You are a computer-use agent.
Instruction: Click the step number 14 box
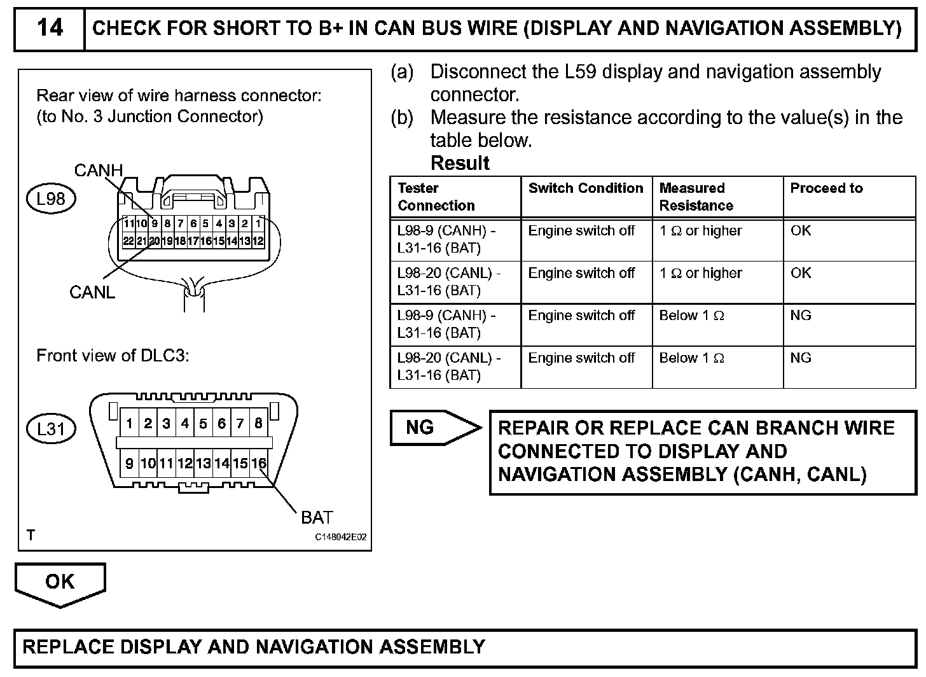click(x=50, y=28)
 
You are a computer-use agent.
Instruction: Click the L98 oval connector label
click(x=51, y=199)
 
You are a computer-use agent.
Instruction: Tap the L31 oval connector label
click(x=51, y=428)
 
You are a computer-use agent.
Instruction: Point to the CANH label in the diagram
click(x=98, y=171)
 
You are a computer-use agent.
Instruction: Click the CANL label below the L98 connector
click(x=92, y=292)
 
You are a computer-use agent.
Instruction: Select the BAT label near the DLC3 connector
click(x=317, y=517)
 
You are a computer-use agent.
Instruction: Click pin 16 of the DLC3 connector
click(x=258, y=463)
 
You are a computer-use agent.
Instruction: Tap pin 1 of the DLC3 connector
click(x=129, y=423)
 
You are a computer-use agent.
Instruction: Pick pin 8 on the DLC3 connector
click(x=258, y=423)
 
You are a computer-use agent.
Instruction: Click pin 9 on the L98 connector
click(x=154, y=223)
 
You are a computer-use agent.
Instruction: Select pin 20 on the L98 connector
click(x=154, y=241)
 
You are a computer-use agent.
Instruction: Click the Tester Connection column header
click(x=436, y=197)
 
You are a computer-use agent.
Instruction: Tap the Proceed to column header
click(x=826, y=188)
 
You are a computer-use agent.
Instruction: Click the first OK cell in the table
click(x=801, y=230)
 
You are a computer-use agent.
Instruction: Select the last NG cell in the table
click(x=801, y=358)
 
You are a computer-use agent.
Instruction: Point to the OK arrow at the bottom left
click(x=60, y=582)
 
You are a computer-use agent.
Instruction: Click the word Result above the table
click(x=460, y=163)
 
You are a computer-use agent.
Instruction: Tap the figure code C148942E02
click(x=341, y=537)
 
